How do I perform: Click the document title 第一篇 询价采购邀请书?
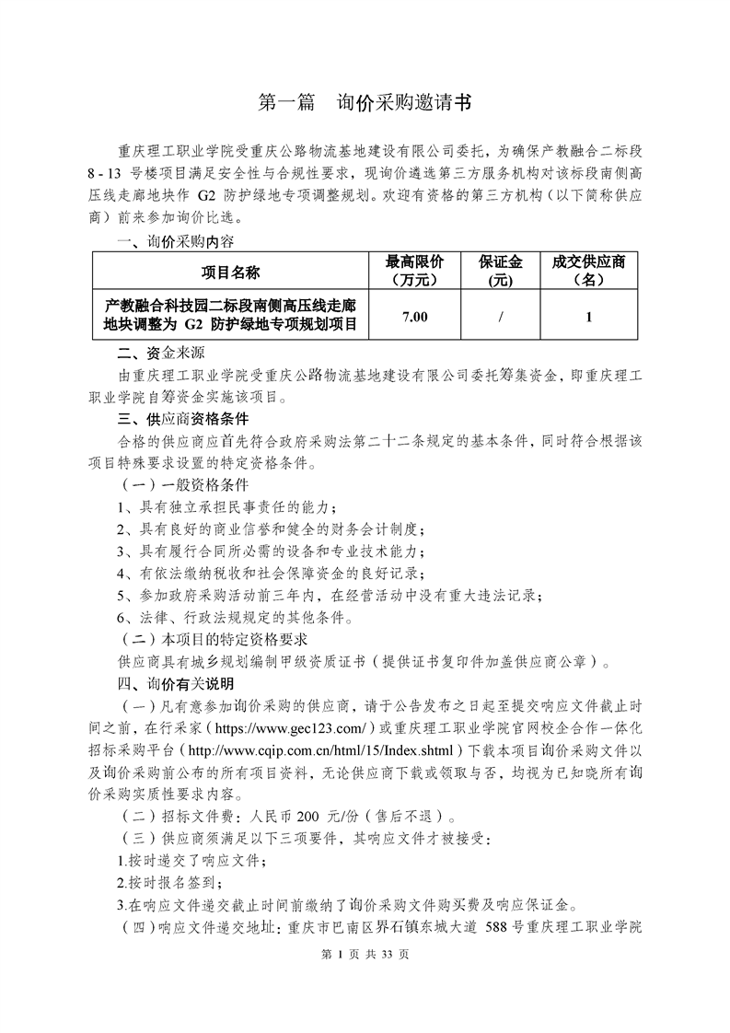click(365, 102)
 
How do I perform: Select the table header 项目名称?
click(231, 272)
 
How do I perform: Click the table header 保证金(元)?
click(500, 271)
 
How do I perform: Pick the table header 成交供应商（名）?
click(588, 271)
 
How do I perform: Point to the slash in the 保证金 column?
click(500, 317)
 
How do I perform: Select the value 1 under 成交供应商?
click(588, 317)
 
